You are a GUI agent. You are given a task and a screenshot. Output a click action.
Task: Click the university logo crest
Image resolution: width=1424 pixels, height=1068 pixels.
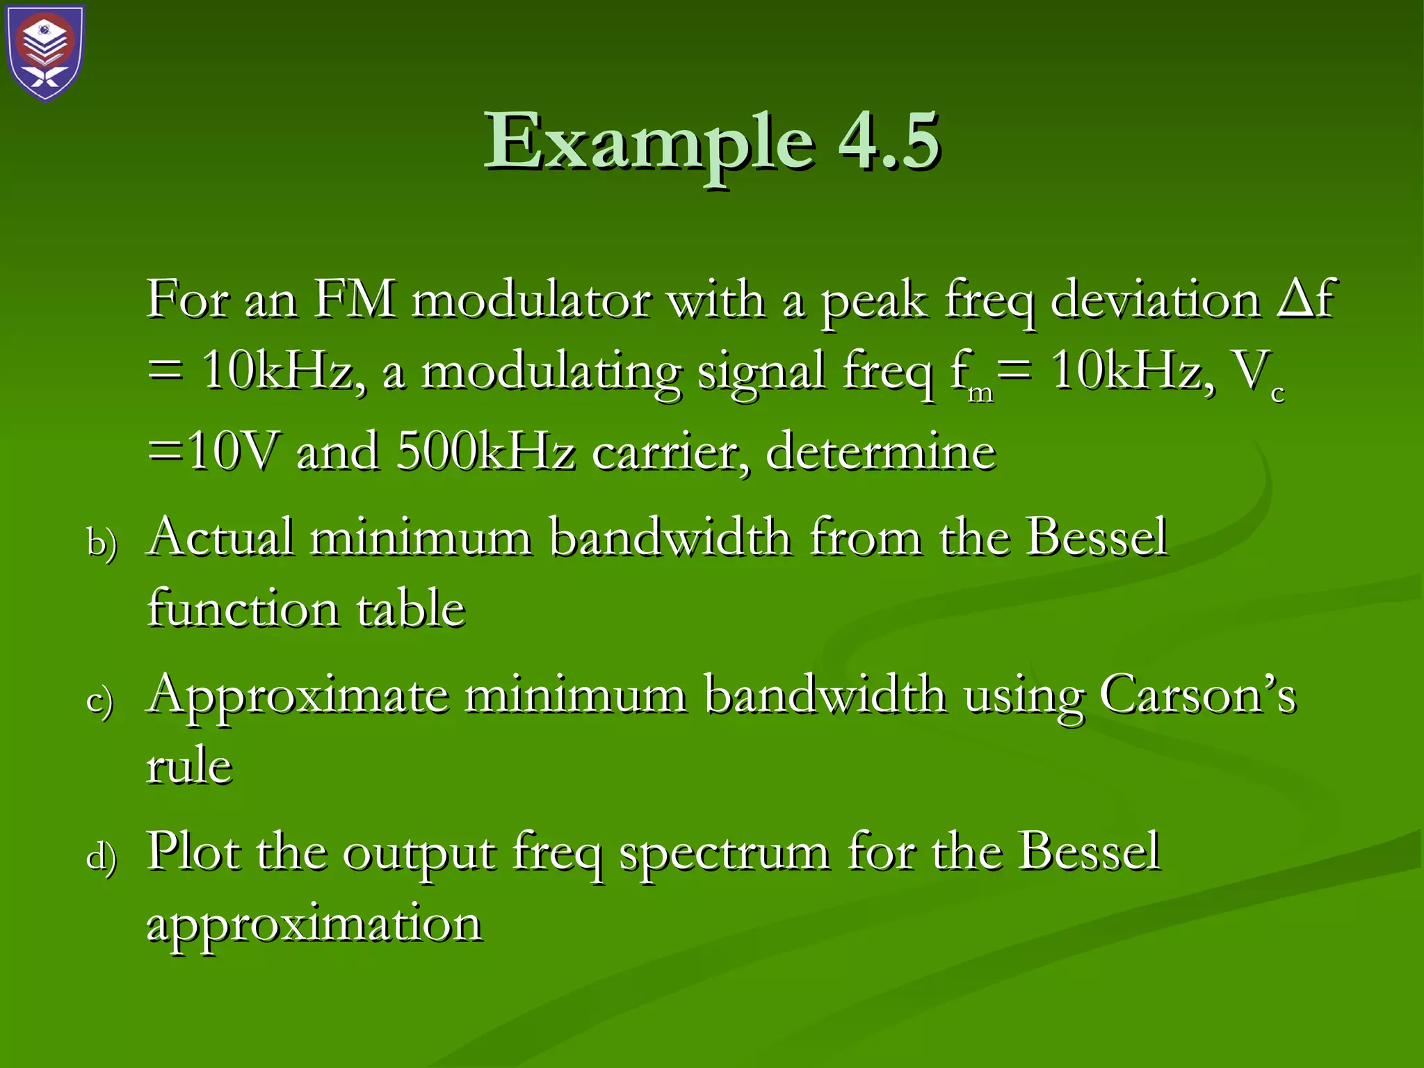click(x=46, y=53)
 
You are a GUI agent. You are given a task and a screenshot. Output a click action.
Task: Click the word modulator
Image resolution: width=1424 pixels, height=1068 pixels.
click(x=531, y=300)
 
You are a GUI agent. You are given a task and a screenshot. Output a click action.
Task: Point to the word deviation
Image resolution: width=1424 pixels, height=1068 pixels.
click(x=1155, y=300)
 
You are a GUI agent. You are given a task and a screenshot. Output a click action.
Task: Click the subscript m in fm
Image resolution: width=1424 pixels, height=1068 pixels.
click(x=980, y=393)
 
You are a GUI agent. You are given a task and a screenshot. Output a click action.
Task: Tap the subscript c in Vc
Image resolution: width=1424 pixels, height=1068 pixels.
click(x=1277, y=394)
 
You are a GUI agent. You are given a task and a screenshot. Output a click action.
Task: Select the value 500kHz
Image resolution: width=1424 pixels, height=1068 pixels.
click(x=486, y=452)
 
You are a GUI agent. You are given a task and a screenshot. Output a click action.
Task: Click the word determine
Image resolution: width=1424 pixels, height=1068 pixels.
click(x=881, y=452)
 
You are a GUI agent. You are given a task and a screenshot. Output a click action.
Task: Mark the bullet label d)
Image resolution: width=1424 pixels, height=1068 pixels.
click(x=102, y=856)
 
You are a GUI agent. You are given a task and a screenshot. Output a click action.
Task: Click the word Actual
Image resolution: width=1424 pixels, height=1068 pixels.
click(x=221, y=537)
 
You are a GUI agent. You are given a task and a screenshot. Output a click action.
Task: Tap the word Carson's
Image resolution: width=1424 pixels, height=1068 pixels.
click(x=1197, y=694)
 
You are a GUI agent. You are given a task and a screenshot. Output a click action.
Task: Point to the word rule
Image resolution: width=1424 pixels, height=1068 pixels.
click(x=189, y=766)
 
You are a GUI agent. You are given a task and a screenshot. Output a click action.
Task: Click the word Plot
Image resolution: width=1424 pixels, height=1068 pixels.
click(x=194, y=851)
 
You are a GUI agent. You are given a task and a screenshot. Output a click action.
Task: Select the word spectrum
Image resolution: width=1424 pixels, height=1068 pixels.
click(x=724, y=854)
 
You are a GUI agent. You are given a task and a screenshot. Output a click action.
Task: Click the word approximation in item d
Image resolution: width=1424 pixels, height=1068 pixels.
click(x=314, y=925)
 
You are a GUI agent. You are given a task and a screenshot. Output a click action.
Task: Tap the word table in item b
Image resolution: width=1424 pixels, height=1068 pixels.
click(x=410, y=609)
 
